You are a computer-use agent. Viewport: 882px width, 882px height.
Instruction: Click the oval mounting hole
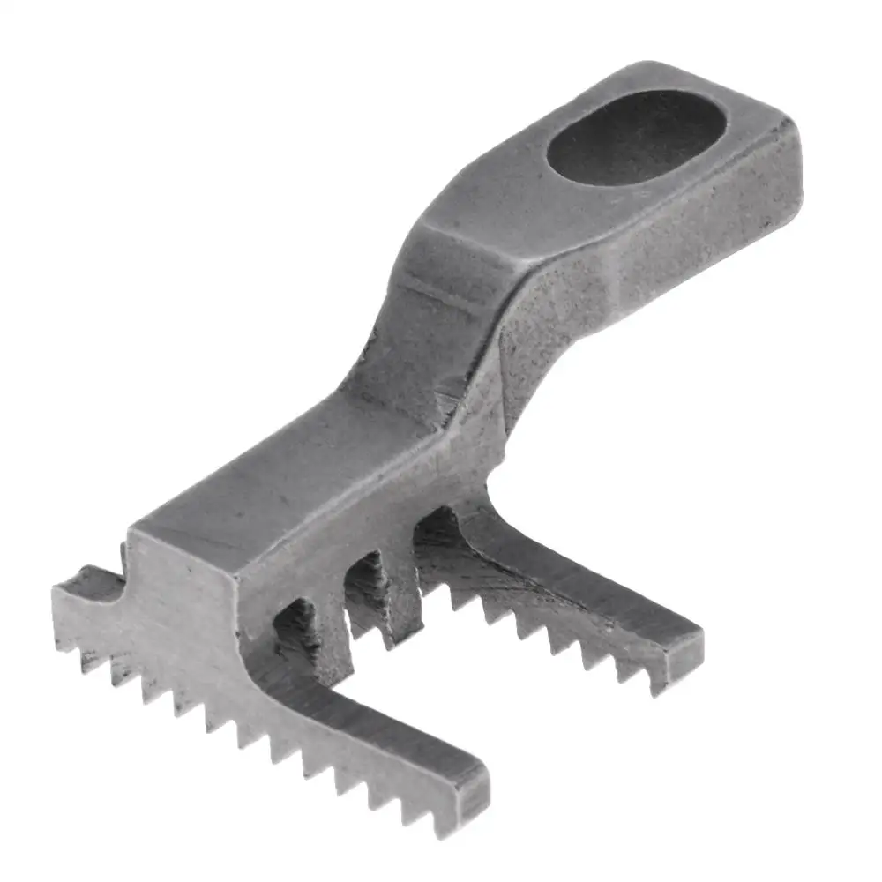click(637, 137)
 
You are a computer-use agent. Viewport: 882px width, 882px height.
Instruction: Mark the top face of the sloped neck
click(415, 326)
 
